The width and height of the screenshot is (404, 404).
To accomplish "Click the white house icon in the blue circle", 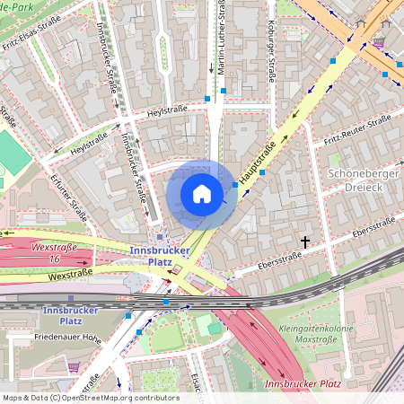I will click(x=202, y=193).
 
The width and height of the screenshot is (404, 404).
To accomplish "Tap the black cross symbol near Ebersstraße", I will click(x=305, y=242).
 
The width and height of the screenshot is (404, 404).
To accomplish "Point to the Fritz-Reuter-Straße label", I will click(x=357, y=127).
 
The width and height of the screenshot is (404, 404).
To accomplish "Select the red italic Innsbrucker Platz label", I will click(x=303, y=384).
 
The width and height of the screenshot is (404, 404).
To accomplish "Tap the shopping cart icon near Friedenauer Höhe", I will click(x=73, y=366).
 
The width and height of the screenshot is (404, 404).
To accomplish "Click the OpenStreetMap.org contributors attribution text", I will click(x=117, y=398).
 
